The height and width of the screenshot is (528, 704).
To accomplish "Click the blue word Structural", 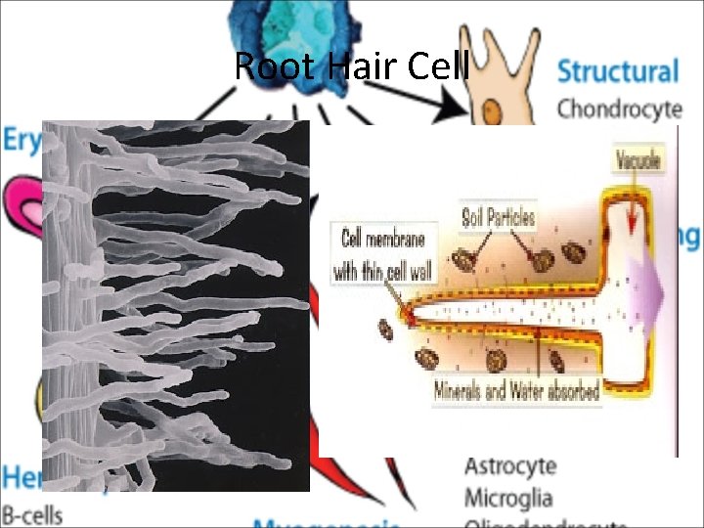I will (x=617, y=71).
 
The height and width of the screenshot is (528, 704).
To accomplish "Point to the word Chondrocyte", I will (x=618, y=108).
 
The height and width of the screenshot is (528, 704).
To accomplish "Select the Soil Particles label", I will (x=499, y=216).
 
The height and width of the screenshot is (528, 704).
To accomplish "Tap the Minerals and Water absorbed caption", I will (x=516, y=392).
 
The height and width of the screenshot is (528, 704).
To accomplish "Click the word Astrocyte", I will (x=510, y=466).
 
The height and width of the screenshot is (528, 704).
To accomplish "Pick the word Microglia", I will (x=507, y=498).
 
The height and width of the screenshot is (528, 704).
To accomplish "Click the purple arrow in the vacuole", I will (x=645, y=289).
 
